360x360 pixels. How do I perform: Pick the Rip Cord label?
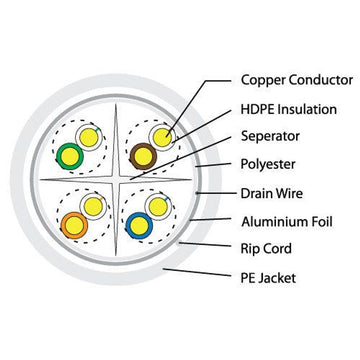pos(267,249)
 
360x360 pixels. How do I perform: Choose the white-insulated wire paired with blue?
pos(156,206)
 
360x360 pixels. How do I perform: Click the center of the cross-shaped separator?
pos(115,180)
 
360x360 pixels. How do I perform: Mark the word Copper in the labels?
pos(262,78)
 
